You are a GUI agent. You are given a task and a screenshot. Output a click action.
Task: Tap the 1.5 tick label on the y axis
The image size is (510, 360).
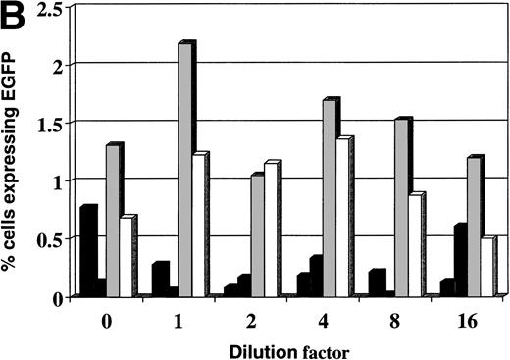(48, 124)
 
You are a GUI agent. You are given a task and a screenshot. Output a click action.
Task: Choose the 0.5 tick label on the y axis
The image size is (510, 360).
(48, 238)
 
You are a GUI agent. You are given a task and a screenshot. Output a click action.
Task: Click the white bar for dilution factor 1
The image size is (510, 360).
(198, 226)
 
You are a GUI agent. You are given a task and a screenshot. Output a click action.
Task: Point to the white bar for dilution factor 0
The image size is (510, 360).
(126, 256)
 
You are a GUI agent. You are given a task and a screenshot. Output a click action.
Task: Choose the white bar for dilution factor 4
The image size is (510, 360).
(342, 217)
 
